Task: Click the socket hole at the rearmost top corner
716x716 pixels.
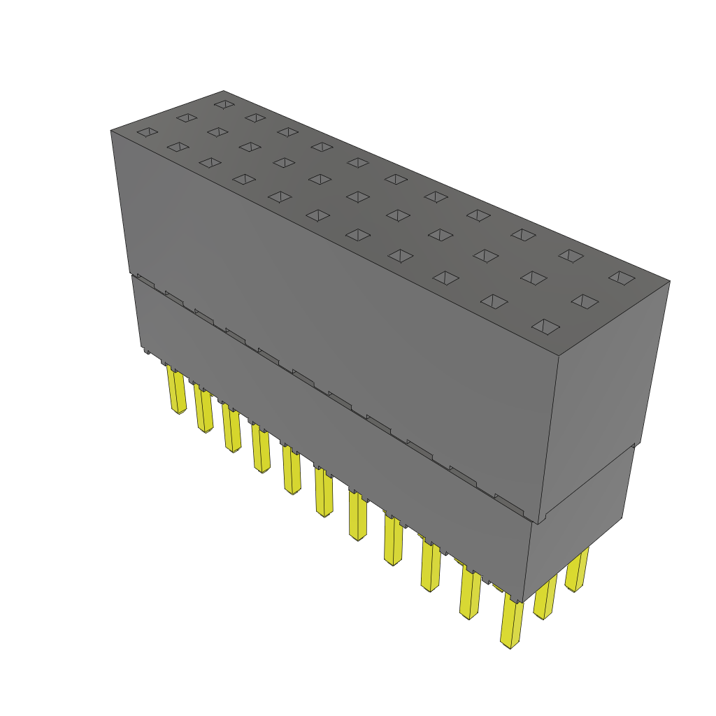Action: coord(224,104)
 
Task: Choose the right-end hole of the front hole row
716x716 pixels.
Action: coord(546,326)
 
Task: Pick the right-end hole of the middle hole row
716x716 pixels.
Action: coord(585,301)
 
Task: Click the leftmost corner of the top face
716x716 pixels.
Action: coord(111,131)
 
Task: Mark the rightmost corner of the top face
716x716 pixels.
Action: coord(669,282)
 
